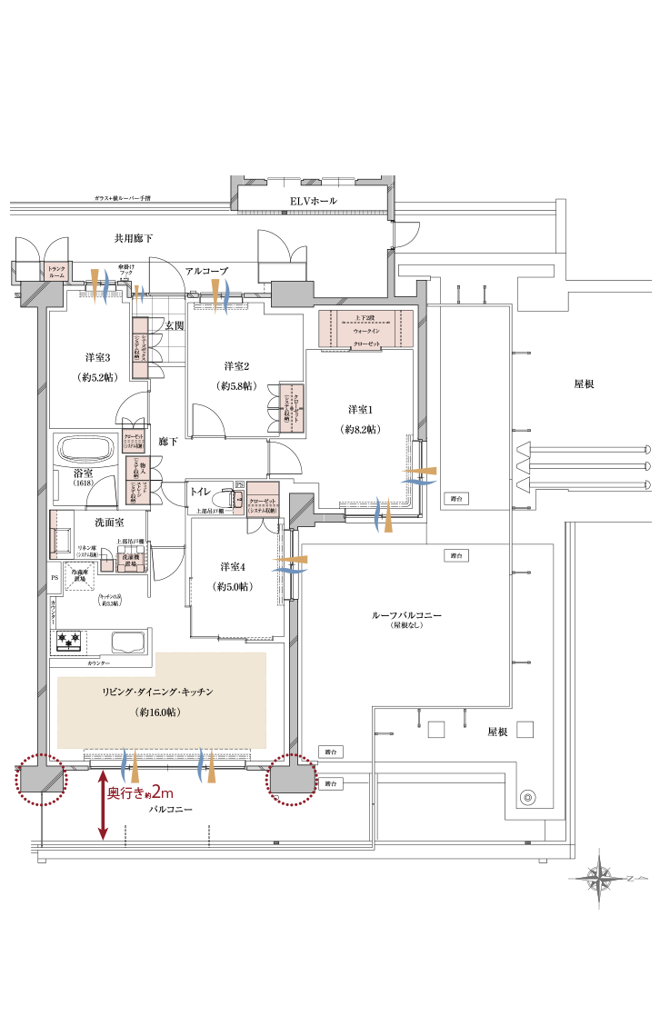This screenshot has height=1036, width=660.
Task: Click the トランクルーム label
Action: coord(56,271)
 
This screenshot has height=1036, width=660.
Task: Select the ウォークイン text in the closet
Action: coord(365,333)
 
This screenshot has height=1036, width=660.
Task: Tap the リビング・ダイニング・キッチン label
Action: coord(157,692)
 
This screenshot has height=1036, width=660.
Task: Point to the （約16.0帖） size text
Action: coord(157,712)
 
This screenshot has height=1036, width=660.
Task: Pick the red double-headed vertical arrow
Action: coord(103,805)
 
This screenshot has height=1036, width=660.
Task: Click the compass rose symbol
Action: coord(599,878)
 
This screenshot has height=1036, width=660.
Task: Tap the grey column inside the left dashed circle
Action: coord(41,780)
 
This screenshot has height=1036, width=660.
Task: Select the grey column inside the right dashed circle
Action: coord(290,780)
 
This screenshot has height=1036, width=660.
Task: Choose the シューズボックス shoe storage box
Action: coord(141,348)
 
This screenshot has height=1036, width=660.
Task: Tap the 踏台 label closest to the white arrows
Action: coord(456,499)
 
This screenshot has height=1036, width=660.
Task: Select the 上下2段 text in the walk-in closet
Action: coord(365,318)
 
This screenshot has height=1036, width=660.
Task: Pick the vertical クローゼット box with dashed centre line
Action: coord(292,408)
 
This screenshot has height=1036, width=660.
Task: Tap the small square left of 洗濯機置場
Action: coord(107,565)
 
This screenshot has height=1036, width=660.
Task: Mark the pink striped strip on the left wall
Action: coord(54,533)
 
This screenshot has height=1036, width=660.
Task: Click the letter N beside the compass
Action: coord(629,879)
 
